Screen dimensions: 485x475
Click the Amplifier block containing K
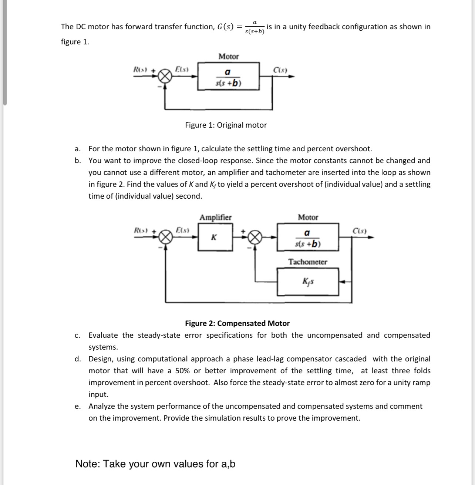point(215,237)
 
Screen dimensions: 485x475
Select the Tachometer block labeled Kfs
point(308,282)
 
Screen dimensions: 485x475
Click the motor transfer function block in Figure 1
point(228,77)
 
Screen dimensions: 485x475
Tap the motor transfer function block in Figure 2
point(308,238)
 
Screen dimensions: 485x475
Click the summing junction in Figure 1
point(165,77)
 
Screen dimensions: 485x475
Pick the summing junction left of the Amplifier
point(165,237)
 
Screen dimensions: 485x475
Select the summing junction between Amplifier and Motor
point(255,237)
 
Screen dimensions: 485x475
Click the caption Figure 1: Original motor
point(226,125)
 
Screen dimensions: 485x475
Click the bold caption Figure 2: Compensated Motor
point(237,323)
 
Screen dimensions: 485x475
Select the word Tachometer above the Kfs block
point(308,262)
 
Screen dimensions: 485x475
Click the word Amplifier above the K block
point(215,217)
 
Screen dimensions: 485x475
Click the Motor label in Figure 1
point(228,57)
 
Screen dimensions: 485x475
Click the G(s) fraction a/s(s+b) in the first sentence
point(255,27)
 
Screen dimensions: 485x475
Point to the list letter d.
point(77,359)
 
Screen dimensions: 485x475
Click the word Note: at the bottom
point(88,464)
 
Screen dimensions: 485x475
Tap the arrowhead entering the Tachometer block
point(342,282)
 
